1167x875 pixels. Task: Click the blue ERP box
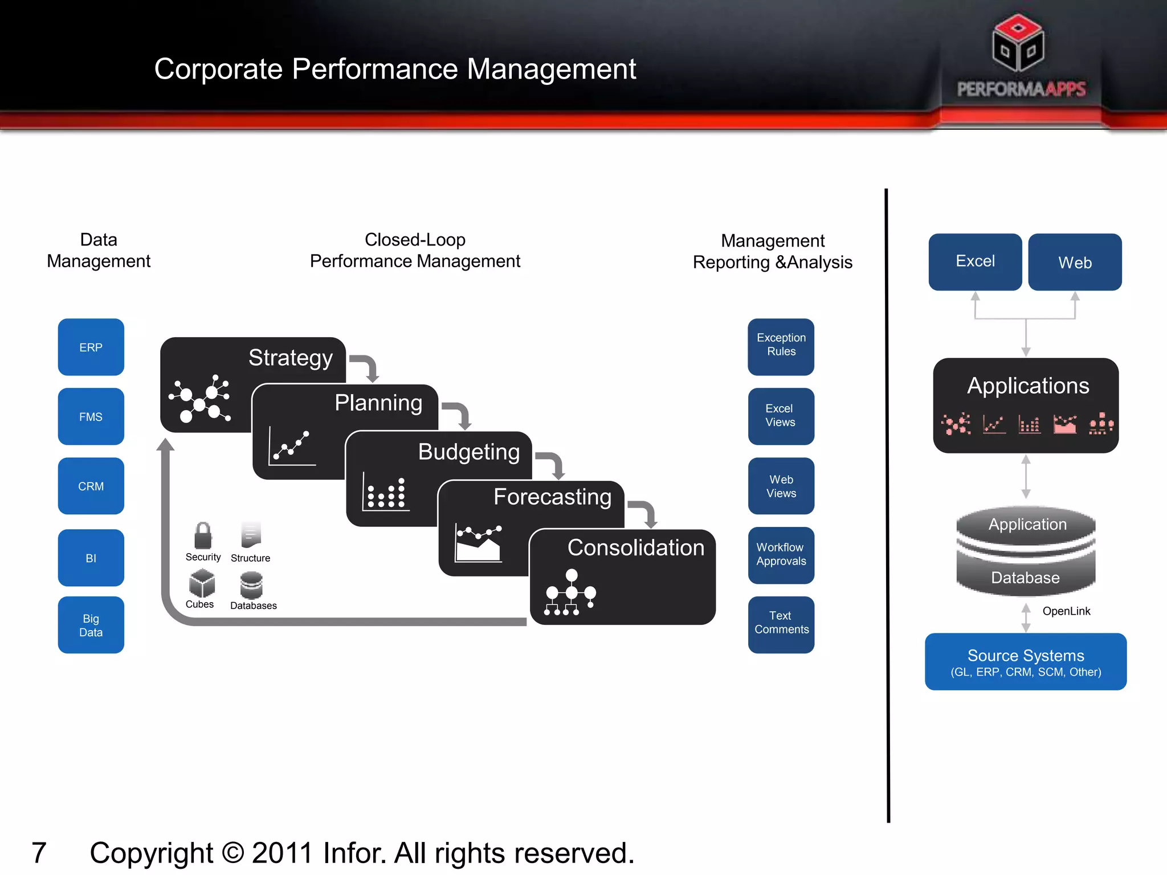click(x=91, y=347)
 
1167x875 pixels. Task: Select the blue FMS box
click(x=91, y=416)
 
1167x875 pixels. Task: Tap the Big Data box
click(x=91, y=625)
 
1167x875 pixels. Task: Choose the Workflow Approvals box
click(x=781, y=555)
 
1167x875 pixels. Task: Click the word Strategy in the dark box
click(x=290, y=358)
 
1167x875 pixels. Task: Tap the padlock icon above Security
click(x=203, y=535)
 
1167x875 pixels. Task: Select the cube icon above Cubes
click(x=202, y=583)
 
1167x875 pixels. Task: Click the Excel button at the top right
click(x=975, y=261)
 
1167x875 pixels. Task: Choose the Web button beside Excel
click(x=1075, y=262)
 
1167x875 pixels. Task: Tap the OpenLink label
click(x=1066, y=611)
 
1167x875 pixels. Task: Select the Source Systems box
click(x=1025, y=661)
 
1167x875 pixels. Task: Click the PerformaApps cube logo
click(x=1018, y=43)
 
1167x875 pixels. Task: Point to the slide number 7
click(x=39, y=853)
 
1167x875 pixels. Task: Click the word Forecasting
click(x=552, y=497)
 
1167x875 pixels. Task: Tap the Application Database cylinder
click(x=1025, y=550)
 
